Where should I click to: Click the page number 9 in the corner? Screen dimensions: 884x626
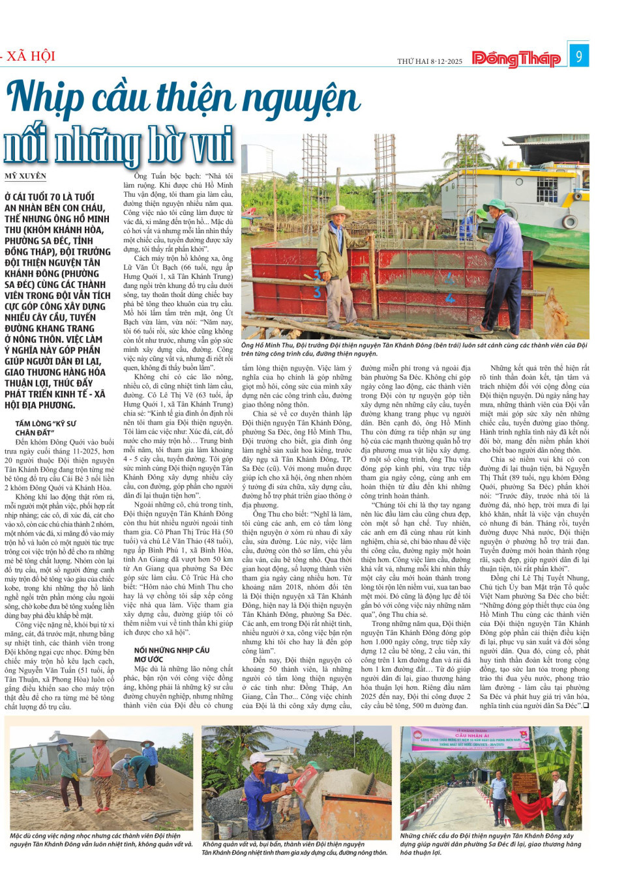click(578, 56)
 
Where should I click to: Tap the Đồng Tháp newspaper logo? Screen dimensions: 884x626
click(516, 59)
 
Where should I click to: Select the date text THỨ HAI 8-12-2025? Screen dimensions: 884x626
click(430, 61)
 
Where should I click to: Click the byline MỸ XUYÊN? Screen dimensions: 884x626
click(25, 176)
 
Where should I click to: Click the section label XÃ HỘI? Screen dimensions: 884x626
click(31, 56)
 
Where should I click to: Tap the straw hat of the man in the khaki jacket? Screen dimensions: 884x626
click(338, 211)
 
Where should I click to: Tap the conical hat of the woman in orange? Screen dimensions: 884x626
click(99, 735)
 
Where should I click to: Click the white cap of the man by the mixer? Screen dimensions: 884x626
click(260, 758)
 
